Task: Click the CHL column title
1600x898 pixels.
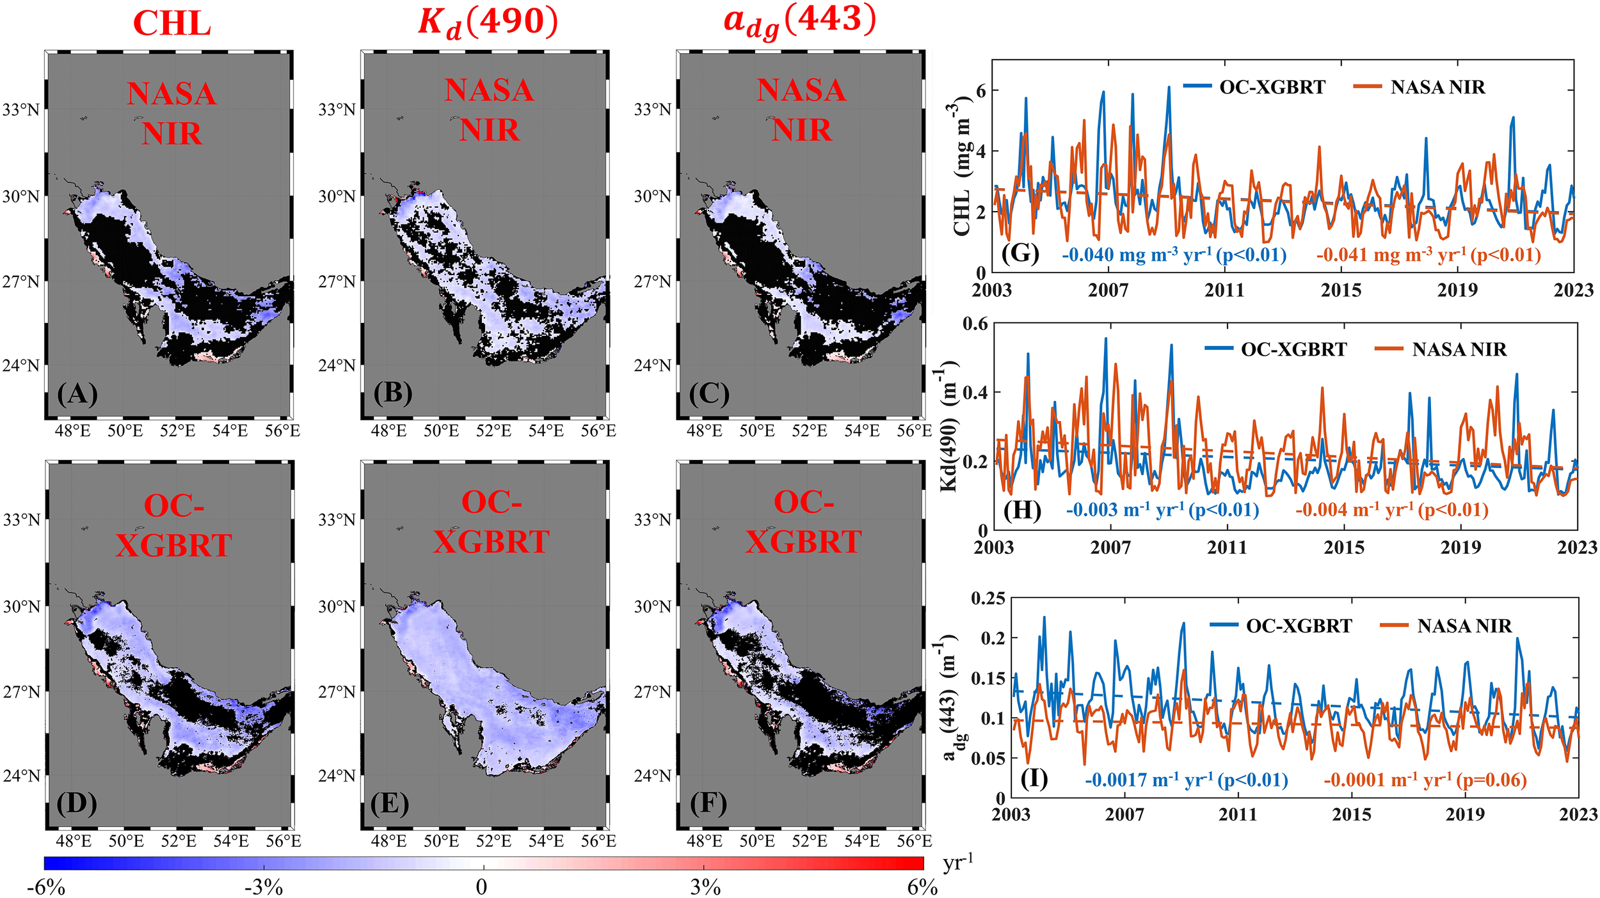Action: [172, 24]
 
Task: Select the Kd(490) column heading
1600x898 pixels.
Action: [488, 23]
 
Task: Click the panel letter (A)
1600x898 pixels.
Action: [77, 393]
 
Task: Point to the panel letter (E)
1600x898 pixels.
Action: [390, 803]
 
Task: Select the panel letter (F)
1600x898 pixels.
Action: [708, 803]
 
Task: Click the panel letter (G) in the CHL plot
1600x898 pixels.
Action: [1020, 253]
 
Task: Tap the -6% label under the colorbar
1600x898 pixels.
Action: [46, 887]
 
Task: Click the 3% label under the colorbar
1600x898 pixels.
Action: [705, 887]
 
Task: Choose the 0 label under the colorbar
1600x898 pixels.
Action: [481, 887]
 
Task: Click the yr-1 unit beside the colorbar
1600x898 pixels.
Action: [957, 863]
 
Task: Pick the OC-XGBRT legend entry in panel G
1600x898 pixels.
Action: [1272, 87]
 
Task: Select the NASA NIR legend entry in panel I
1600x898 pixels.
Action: [1464, 626]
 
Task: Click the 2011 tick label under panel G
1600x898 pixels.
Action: [1224, 290]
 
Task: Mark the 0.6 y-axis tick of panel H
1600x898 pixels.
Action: [975, 324]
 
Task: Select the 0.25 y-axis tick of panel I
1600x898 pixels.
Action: [988, 599]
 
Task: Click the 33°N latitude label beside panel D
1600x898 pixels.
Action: [21, 519]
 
